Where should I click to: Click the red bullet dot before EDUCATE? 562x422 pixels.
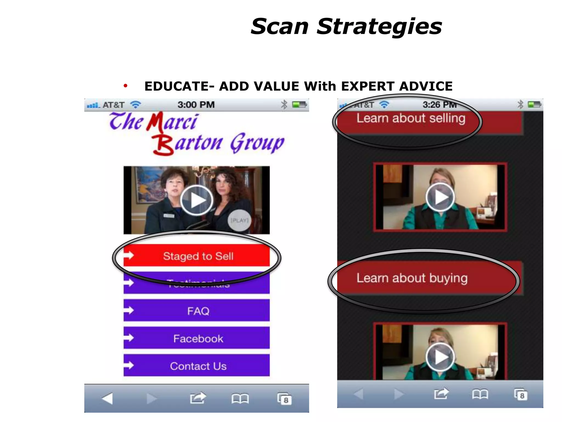tap(125, 86)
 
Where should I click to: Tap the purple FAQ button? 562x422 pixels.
tap(198, 311)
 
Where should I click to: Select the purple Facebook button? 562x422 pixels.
tap(198, 338)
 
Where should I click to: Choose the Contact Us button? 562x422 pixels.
tap(198, 366)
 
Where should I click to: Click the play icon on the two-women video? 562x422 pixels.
tap(196, 200)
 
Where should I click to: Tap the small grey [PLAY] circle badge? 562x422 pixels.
tap(239, 220)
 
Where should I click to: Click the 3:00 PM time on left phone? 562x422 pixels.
tap(196, 105)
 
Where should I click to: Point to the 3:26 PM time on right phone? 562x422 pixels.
tap(439, 105)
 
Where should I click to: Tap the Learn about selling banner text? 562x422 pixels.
tap(411, 119)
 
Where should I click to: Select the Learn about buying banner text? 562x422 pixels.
tap(412, 278)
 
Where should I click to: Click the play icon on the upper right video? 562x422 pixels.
tap(440, 197)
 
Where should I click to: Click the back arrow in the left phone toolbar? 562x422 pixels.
tap(107, 398)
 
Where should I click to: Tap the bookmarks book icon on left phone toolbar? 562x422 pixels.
tap(240, 398)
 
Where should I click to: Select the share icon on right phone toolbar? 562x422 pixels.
tap(441, 394)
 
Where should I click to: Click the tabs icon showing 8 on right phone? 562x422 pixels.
tap(521, 395)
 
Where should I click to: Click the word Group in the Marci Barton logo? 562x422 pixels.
tap(257, 143)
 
